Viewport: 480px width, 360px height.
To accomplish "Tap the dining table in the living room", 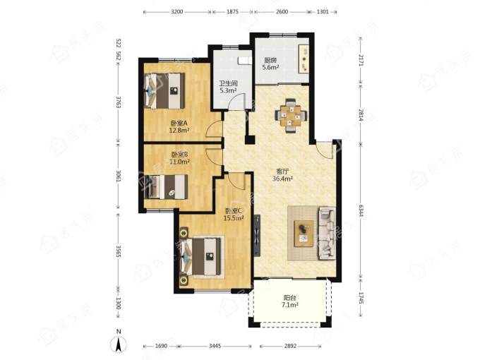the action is [291, 116].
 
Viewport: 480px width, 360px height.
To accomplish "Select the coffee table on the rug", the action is [304, 233].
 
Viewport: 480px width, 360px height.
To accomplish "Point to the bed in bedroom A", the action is [164, 90].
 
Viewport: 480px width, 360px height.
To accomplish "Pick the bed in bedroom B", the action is [166, 187].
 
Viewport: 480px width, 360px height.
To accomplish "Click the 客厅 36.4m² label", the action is [282, 175].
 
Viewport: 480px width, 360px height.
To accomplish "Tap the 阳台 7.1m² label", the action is [289, 301].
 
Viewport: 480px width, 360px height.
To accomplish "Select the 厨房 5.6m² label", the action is [270, 64].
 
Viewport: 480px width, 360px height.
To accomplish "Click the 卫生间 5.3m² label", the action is [228, 87].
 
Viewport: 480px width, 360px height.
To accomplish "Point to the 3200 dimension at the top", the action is [177, 12].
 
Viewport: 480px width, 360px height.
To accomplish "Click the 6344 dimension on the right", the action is [361, 210].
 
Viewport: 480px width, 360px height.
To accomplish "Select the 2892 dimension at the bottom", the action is [290, 346].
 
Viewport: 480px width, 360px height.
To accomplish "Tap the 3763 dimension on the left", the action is [119, 102].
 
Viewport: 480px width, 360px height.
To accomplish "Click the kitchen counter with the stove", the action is [304, 60].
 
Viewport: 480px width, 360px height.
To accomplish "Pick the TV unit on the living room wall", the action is [257, 235].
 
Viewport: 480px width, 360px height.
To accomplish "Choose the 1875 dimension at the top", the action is [233, 12].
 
